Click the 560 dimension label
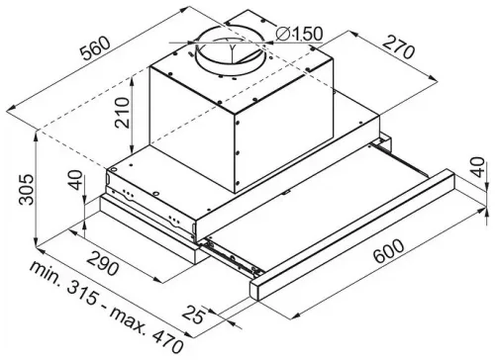coord(96,48)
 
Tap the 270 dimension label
coord(399,46)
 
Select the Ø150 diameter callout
coord(299,34)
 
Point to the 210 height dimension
coord(122,113)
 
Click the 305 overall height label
coord(26,190)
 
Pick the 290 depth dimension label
coord(103,263)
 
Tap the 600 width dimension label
coord(389,250)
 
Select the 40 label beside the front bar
coord(477,167)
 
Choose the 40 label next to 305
coord(75,180)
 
